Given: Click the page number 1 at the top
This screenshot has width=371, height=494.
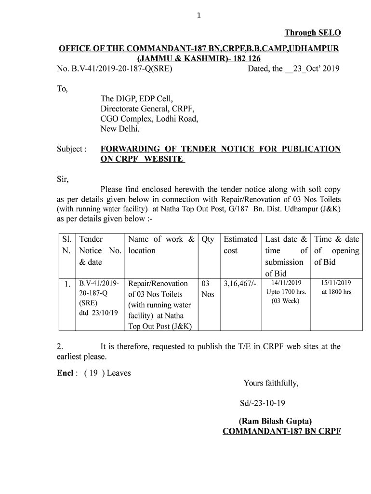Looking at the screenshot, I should pyautogui.click(x=198, y=15).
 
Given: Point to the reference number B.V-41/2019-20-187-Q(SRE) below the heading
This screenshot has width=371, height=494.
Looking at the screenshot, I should pyautogui.click(x=115, y=69).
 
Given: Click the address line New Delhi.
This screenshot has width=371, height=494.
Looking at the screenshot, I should pyautogui.click(x=120, y=129).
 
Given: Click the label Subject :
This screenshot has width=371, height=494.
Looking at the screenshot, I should pyautogui.click(x=72, y=149).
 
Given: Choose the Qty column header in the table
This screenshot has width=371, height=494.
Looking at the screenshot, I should pyautogui.click(x=208, y=239).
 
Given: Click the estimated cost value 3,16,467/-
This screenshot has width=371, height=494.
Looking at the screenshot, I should pyautogui.click(x=240, y=283).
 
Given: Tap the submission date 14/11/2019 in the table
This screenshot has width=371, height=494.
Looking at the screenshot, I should pyautogui.click(x=286, y=283).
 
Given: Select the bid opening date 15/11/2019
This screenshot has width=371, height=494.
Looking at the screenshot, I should pyautogui.click(x=336, y=283).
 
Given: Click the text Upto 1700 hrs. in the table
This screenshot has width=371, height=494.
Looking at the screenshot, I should pyautogui.click(x=286, y=292).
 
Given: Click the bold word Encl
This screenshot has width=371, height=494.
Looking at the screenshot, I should pyautogui.click(x=65, y=373).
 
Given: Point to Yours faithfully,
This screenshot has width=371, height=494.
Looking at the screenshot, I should pyautogui.click(x=271, y=384).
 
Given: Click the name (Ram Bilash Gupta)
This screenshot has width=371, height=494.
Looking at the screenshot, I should pyautogui.click(x=281, y=421).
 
